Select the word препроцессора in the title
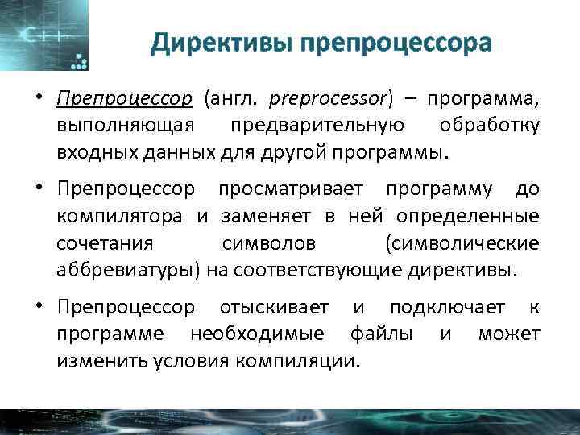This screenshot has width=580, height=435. coord(395,43)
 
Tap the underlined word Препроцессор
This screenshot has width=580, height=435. coord(125,99)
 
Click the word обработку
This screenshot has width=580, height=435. coord(490,125)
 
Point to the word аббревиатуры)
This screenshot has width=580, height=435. coord(128,268)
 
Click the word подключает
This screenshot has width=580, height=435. coord(448,308)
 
